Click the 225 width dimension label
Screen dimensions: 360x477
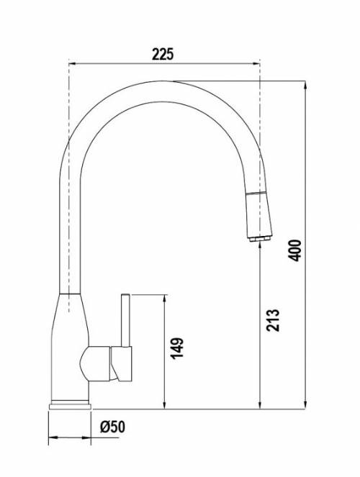click(163, 55)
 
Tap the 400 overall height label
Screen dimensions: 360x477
click(294, 250)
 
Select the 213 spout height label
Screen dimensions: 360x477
click(273, 320)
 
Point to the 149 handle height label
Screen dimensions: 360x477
click(177, 348)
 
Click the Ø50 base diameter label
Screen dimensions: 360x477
click(112, 427)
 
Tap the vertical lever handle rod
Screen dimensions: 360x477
click(126, 320)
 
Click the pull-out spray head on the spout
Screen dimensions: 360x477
click(258, 214)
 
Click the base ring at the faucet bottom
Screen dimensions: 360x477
click(70, 405)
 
